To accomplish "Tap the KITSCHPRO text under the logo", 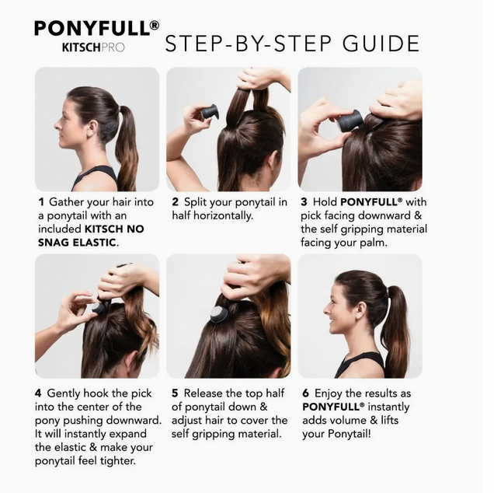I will pyautogui.click(x=92, y=47).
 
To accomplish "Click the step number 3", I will pyautogui.click(x=304, y=202).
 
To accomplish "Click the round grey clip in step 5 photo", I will pyautogui.click(x=219, y=315).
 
